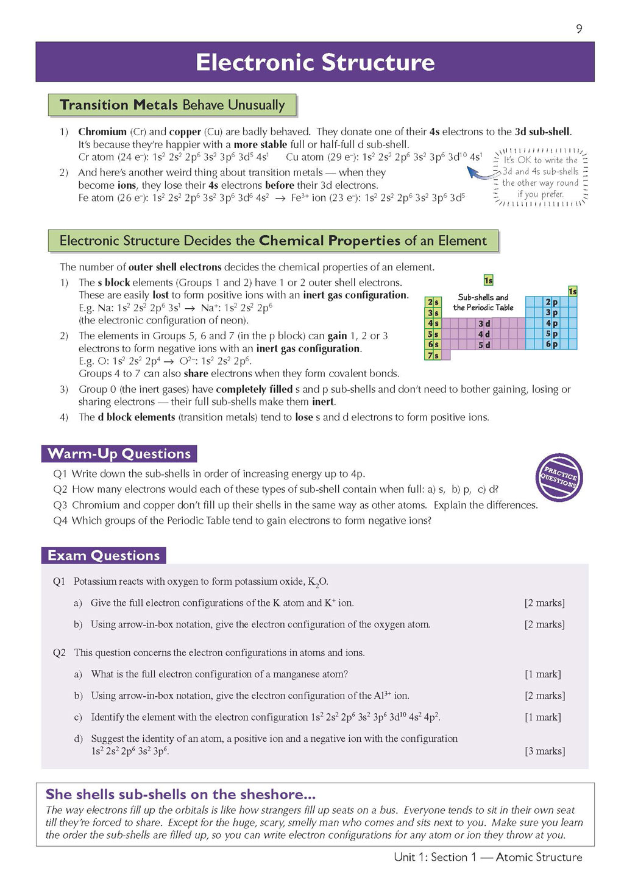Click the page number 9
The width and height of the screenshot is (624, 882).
[x=579, y=29]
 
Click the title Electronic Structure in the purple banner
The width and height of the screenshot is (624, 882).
[x=315, y=62]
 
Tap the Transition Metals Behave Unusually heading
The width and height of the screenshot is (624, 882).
[x=172, y=105]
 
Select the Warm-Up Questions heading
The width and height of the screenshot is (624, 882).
[x=119, y=454]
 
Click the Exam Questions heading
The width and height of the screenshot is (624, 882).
[x=104, y=556]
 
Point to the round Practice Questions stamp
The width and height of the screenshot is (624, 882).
[x=559, y=478]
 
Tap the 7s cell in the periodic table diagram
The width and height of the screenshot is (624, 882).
[x=433, y=355]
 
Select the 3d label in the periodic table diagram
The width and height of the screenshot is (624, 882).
[x=484, y=323]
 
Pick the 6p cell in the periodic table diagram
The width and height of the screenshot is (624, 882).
[x=551, y=344]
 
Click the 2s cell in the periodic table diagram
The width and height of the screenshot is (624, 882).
[x=433, y=302]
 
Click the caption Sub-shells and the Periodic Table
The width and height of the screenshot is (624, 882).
[x=483, y=302]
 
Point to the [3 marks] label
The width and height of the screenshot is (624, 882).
[x=545, y=751]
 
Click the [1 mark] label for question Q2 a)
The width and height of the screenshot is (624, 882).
[x=542, y=674]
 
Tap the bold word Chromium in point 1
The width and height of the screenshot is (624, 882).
[x=102, y=132]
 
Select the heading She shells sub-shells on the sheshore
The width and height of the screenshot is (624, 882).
[x=180, y=794]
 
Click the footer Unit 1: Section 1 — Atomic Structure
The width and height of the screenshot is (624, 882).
[x=487, y=857]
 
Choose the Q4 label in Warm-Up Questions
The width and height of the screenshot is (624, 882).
[x=60, y=521]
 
